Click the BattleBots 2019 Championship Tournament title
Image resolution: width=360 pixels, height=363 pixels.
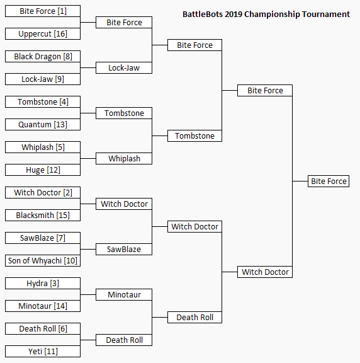(x=266, y=14)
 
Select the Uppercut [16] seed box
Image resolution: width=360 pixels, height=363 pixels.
(x=43, y=34)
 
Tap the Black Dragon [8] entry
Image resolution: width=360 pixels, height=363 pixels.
(x=43, y=57)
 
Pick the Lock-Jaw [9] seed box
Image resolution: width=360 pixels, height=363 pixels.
(x=43, y=79)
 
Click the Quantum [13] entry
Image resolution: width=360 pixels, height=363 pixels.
(x=43, y=125)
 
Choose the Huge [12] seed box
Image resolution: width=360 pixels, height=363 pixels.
(x=43, y=170)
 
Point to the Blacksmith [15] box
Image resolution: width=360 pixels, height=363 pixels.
(x=43, y=216)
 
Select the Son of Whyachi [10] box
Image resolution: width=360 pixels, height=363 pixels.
(x=43, y=261)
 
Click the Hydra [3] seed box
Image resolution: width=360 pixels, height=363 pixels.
(x=43, y=284)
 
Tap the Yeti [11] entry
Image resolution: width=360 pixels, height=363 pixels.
(x=43, y=352)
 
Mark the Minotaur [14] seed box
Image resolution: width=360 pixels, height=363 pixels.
(x=43, y=306)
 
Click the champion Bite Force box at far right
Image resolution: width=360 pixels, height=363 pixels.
(x=329, y=181)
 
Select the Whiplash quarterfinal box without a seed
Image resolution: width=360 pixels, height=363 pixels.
(x=124, y=159)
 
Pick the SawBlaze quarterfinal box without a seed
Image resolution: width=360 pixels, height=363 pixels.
(x=124, y=250)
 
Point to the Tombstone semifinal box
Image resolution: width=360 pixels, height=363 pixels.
(x=194, y=136)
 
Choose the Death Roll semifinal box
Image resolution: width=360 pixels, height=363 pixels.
(x=194, y=318)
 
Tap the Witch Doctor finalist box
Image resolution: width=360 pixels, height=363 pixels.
(x=265, y=272)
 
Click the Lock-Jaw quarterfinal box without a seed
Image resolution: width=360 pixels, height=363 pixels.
(x=124, y=68)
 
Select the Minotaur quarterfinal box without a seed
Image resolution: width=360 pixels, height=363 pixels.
(x=124, y=295)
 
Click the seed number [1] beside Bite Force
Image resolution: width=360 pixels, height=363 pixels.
(x=62, y=11)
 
